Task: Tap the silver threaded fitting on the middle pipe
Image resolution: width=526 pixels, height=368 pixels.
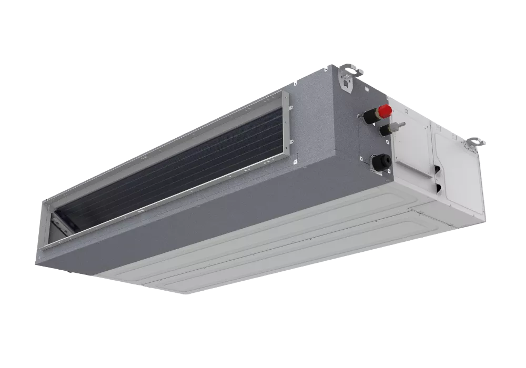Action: (401, 126)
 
